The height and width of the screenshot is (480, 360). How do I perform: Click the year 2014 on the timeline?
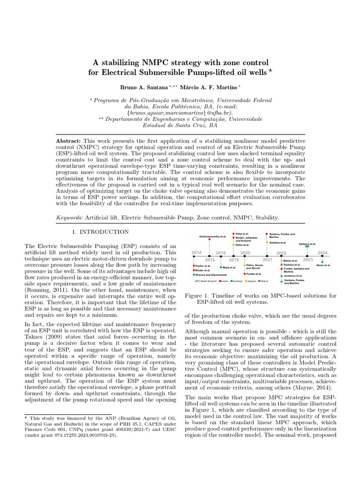[196, 253]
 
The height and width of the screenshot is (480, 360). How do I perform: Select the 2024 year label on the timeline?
[322, 253]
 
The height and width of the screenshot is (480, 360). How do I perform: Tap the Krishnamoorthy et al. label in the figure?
[210, 237]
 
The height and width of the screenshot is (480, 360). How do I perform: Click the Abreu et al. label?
[323, 265]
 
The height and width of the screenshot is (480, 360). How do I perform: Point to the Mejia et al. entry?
[229, 267]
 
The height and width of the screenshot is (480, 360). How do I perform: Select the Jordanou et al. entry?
[293, 276]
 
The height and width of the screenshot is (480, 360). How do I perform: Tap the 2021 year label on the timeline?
[267, 259]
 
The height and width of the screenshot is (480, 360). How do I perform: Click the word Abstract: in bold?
[68, 141]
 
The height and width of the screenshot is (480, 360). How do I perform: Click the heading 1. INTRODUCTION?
[100, 232]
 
